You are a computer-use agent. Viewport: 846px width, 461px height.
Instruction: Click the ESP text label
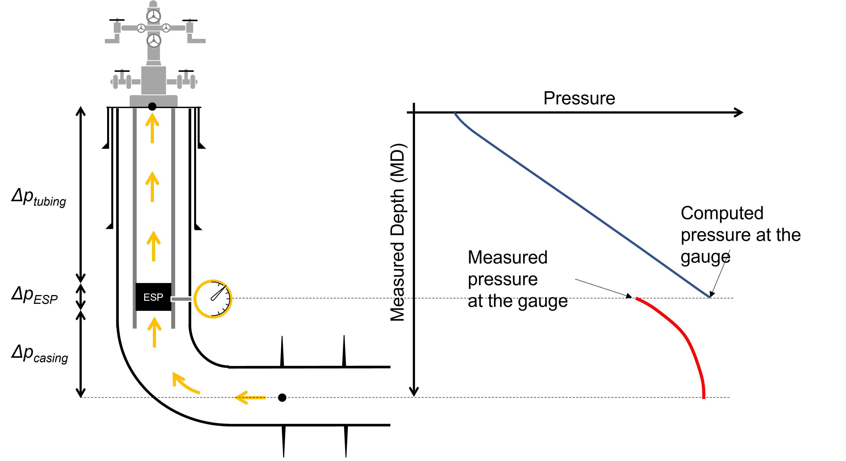click(153, 297)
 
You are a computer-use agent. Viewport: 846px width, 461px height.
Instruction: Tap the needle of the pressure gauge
click(219, 293)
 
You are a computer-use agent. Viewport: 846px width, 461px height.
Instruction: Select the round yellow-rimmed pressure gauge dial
click(213, 299)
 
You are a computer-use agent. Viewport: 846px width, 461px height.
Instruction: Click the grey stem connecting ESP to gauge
click(181, 299)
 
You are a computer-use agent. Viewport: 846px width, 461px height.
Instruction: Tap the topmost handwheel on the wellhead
click(153, 16)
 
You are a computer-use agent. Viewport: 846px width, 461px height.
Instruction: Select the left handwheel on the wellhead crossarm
click(141, 28)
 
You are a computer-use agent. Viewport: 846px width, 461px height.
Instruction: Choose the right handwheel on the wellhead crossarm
click(166, 28)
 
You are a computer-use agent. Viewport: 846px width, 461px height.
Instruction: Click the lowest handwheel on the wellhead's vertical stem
click(153, 41)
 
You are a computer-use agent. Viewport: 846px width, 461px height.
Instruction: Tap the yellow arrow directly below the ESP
click(154, 332)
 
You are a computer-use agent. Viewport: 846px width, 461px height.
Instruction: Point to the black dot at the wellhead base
click(152, 106)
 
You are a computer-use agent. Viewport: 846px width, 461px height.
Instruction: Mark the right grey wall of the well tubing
click(173, 197)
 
